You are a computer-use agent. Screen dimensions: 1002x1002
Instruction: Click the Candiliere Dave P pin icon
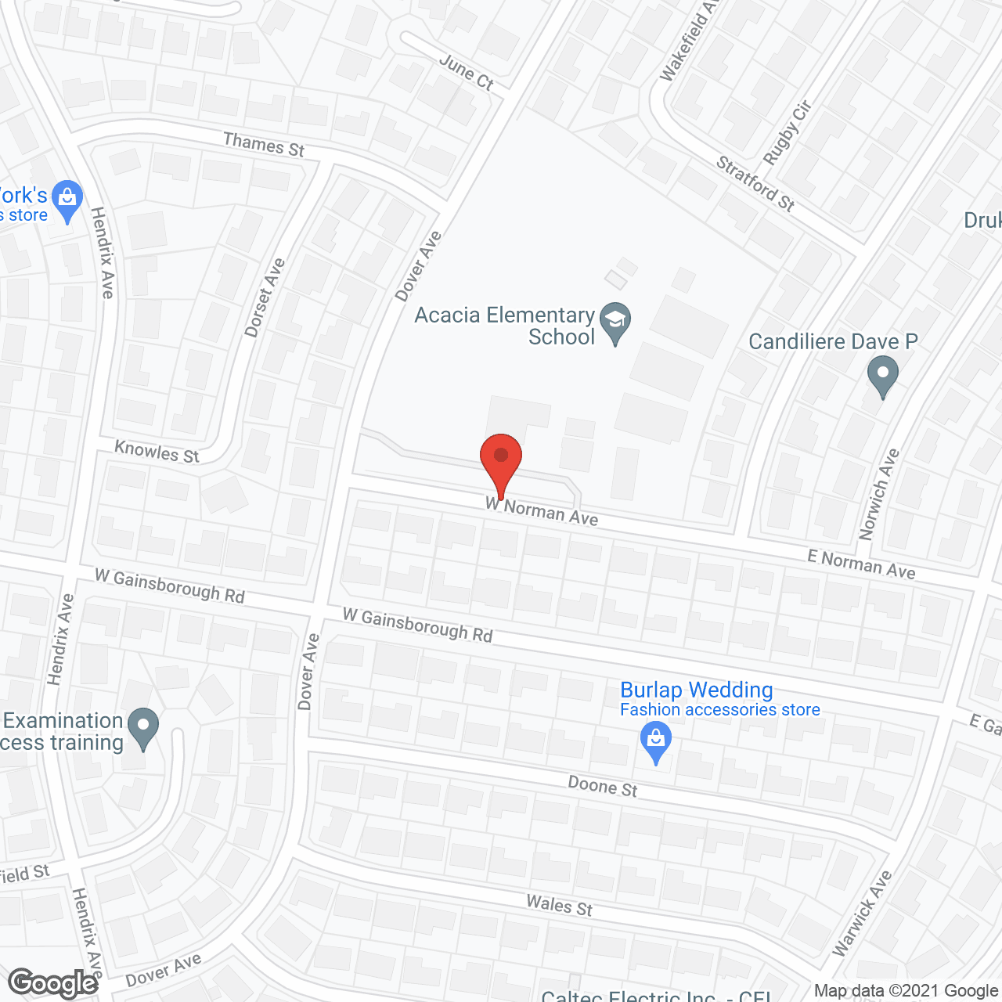pyautogui.click(x=883, y=376)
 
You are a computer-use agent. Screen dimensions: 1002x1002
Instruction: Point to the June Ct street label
pyautogui.click(x=467, y=72)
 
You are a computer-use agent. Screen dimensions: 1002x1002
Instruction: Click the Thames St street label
pyautogui.click(x=264, y=145)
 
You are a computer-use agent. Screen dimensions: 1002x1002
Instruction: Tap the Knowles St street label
pyautogui.click(x=157, y=452)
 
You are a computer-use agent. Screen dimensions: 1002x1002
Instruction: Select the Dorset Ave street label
pyautogui.click(x=265, y=297)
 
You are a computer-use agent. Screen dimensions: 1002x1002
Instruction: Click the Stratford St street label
pyautogui.click(x=755, y=184)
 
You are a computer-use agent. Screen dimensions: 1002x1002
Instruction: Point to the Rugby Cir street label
pyautogui.click(x=788, y=133)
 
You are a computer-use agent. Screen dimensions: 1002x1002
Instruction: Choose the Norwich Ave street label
pyautogui.click(x=879, y=494)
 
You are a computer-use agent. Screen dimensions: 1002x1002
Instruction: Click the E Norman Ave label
pyautogui.click(x=861, y=564)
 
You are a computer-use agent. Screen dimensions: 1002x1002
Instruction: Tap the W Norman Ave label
pyautogui.click(x=542, y=510)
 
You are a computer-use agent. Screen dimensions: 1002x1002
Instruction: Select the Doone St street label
pyautogui.click(x=603, y=786)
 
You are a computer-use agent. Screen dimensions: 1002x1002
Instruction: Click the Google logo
pyautogui.click(x=52, y=983)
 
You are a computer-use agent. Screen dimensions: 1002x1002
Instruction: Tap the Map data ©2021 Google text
pyautogui.click(x=906, y=991)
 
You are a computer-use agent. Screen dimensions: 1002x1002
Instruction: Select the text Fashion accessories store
pyautogui.click(x=719, y=710)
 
